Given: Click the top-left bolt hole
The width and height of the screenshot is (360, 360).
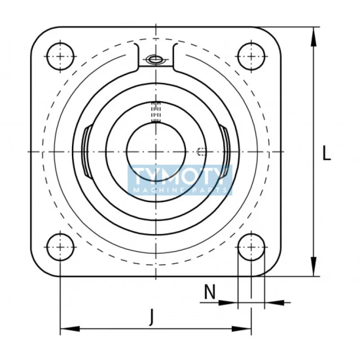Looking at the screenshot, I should (x=60, y=56).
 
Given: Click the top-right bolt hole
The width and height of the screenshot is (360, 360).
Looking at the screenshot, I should (x=251, y=56).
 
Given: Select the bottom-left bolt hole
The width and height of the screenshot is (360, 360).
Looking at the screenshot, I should (x=60, y=247).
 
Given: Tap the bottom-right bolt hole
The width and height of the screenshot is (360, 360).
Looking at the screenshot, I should (x=251, y=247).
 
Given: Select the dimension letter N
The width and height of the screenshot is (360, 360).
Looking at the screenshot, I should (x=209, y=293).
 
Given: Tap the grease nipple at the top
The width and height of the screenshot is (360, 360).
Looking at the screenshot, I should (x=156, y=59).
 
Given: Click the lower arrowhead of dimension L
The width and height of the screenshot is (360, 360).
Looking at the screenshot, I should (x=312, y=270).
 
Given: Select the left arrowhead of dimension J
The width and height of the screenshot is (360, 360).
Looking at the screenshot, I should (x=67, y=329).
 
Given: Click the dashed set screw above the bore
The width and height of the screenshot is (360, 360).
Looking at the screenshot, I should (x=156, y=112).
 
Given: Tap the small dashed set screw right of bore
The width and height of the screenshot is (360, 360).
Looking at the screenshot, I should (x=202, y=152).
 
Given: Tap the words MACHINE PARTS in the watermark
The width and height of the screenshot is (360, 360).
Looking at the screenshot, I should (x=180, y=191).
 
